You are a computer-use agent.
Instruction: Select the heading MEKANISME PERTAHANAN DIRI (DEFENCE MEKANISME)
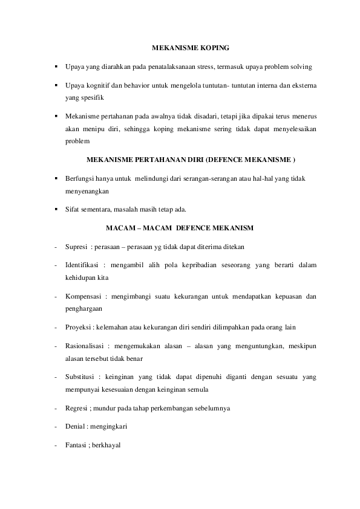(191, 160)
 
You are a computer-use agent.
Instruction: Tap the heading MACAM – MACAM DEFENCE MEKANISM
(179, 228)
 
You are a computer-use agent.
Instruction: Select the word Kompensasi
(83, 296)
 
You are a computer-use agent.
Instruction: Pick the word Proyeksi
(78, 328)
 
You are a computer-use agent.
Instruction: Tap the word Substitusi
(80, 377)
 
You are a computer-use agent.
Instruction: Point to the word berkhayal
(106, 446)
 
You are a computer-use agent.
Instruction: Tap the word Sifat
(71, 210)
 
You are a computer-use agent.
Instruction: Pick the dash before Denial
(55, 427)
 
